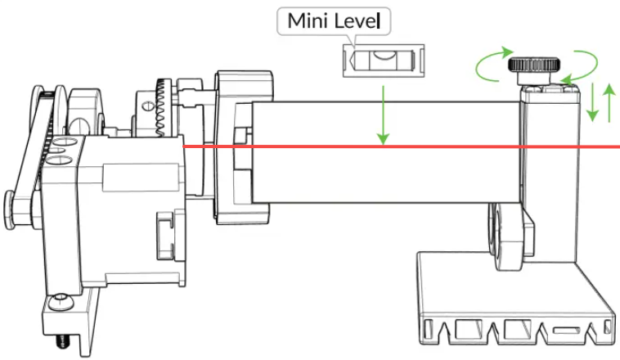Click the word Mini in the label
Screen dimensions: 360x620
[303, 22]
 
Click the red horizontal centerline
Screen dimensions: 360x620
[409, 146]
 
